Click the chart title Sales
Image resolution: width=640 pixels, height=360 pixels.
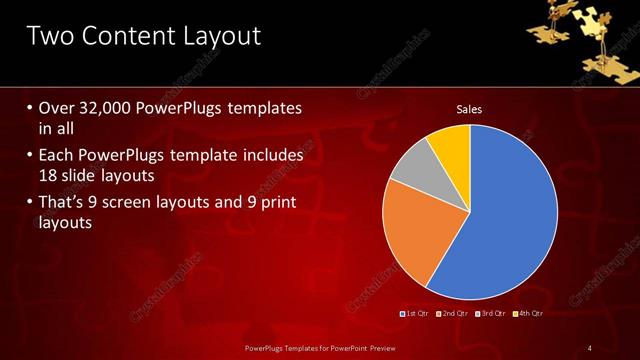pyautogui.click(x=469, y=109)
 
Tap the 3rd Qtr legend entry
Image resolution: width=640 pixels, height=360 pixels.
pyautogui.click(x=492, y=314)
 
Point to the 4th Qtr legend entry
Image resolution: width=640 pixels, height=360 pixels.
pyautogui.click(x=529, y=314)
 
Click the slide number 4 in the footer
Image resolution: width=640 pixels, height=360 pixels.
pyautogui.click(x=590, y=347)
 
